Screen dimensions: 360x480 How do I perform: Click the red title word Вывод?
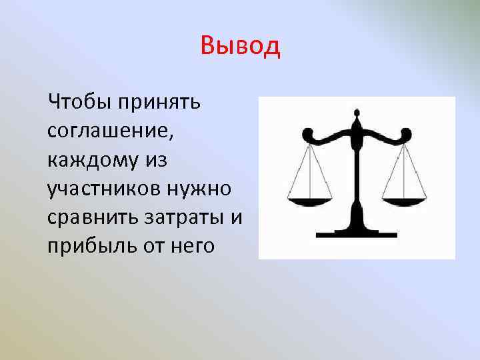point(240,47)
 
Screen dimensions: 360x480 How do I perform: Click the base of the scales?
point(357,233)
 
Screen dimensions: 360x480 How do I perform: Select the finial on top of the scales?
point(357,122)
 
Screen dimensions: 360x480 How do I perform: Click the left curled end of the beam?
point(308,135)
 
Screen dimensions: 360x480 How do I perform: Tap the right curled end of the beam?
point(406,135)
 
